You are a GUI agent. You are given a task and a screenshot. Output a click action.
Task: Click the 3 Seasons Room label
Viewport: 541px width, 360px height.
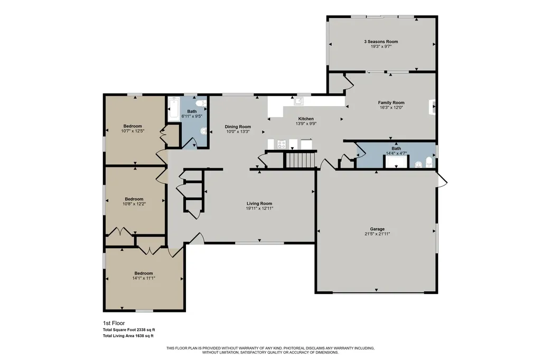[381, 41]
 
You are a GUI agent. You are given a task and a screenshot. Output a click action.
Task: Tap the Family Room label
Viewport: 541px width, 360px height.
[391, 102]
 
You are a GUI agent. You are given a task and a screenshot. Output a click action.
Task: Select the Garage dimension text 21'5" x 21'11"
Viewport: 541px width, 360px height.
[377, 234]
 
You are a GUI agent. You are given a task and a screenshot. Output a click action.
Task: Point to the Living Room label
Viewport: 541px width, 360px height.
[259, 203]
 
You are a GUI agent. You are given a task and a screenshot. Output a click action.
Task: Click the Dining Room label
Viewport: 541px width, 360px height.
[238, 127]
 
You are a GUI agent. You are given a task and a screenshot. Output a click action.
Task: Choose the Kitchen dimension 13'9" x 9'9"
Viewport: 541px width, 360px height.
[306, 124]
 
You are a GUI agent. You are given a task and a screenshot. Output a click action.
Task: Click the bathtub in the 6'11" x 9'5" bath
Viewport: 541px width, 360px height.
[173, 109]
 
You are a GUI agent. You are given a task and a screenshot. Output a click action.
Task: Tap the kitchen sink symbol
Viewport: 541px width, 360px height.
[299, 101]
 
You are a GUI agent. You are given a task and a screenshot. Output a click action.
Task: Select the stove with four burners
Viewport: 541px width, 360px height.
[282, 144]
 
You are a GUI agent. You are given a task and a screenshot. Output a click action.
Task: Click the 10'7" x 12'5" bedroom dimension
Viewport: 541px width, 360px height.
[133, 131]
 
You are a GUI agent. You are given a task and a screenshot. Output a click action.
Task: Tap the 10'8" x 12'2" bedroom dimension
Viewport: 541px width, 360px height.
[134, 204]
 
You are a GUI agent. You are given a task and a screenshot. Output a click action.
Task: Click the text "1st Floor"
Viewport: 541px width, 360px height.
[114, 324]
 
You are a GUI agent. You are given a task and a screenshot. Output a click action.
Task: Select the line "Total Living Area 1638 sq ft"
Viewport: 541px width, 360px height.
[128, 336]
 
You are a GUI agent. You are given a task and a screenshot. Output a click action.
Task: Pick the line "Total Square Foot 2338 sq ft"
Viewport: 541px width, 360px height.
[129, 330]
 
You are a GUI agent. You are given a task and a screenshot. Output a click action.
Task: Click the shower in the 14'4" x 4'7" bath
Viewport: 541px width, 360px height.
[396, 162]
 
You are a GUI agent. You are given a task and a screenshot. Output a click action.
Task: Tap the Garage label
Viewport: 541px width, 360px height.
[377, 229]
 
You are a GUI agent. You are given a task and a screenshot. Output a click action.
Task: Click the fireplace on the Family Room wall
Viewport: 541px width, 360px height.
[432, 107]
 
